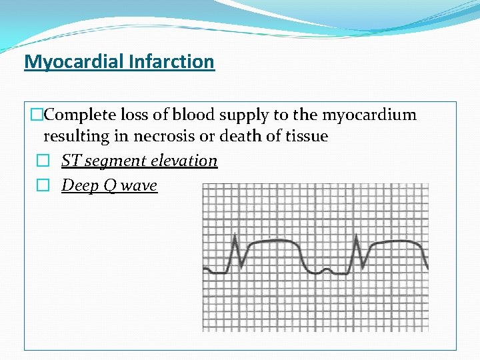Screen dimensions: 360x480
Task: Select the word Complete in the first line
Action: point(79,115)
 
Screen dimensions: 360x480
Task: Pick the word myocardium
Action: point(369,115)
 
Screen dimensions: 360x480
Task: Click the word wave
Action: point(139,185)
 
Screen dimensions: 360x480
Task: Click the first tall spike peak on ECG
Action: point(235,235)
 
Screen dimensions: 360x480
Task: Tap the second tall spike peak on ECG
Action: point(357,235)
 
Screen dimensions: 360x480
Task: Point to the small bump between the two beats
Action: point(326,270)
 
